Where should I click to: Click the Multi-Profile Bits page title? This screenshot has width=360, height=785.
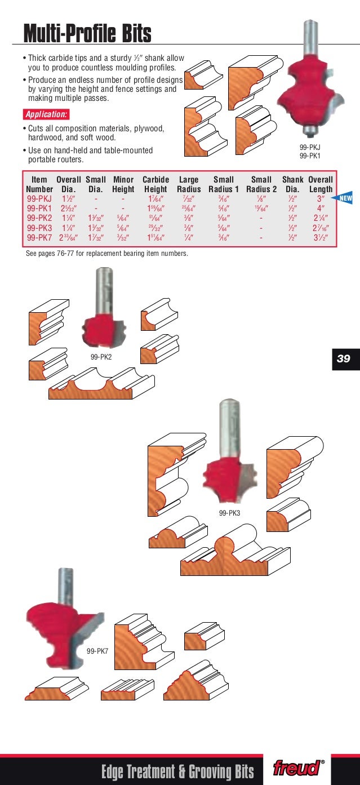87,34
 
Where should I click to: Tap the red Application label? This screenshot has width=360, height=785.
46,114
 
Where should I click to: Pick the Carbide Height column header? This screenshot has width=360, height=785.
155,184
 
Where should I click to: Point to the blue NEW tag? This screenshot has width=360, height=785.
343,198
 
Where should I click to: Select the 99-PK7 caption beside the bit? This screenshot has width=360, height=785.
97,651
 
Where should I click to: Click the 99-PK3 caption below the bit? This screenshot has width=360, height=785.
230,513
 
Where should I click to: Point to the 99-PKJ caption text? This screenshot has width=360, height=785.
310,148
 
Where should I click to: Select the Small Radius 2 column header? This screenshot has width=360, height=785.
261,184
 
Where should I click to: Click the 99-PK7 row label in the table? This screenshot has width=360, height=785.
39,237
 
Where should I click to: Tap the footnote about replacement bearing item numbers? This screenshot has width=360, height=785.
107,254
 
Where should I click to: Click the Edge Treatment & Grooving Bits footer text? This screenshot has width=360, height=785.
177,770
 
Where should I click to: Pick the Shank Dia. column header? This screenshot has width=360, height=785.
292,184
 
